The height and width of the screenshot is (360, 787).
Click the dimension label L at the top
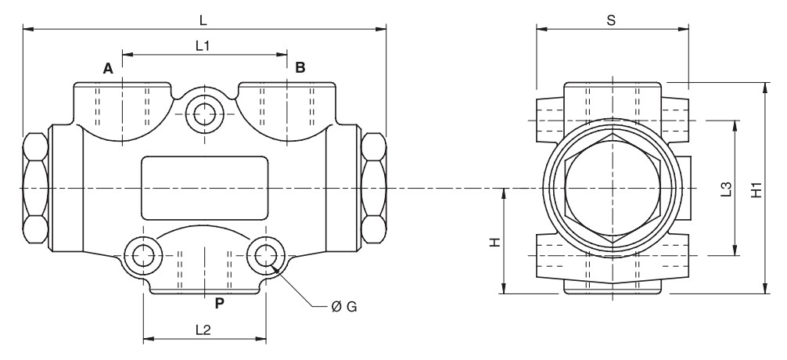point(204,17)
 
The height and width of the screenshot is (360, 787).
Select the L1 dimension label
point(203,46)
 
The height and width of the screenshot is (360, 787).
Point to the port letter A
point(109,69)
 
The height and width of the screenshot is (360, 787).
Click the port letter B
point(300,68)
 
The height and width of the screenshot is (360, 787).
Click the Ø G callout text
point(344,307)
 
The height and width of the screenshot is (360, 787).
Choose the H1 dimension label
point(755,189)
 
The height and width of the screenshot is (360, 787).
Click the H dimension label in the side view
point(494,243)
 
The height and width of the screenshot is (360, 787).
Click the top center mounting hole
point(205,112)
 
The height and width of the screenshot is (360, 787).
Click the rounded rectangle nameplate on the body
point(204,188)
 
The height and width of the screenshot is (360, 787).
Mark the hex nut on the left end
point(35,189)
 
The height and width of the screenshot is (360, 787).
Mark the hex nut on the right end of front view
point(374,189)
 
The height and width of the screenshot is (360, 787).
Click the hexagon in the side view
point(612,188)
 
